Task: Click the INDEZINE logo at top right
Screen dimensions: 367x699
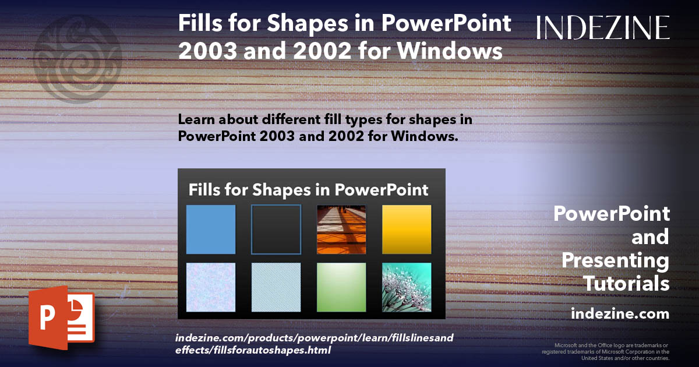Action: click(x=603, y=27)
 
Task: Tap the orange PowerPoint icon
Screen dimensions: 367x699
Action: click(x=61, y=318)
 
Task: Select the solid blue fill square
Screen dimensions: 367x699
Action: click(x=211, y=230)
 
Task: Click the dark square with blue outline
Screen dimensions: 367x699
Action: click(x=276, y=230)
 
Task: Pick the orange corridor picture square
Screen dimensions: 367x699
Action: click(x=341, y=230)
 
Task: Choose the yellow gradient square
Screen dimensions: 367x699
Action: click(x=407, y=230)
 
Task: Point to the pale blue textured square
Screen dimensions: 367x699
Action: click(x=211, y=287)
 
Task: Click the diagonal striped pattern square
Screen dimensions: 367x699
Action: click(x=276, y=287)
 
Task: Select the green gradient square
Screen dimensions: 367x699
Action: click(x=341, y=287)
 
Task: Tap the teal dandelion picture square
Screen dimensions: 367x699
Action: click(x=407, y=287)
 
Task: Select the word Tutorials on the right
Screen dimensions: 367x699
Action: click(x=627, y=284)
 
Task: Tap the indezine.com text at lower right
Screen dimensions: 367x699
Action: click(x=620, y=314)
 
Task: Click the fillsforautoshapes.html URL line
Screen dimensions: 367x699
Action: click(x=253, y=350)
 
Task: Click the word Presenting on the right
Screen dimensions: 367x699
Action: click(x=616, y=260)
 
